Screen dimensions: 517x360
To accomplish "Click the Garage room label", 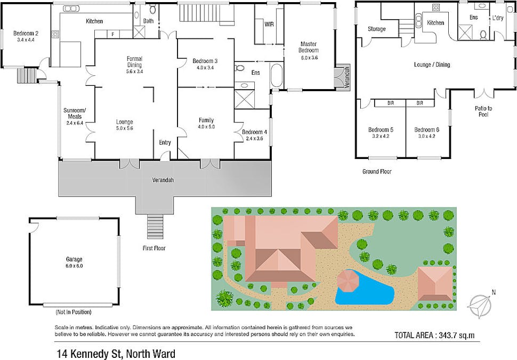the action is coord(74,259).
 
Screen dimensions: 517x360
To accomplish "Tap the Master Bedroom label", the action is coord(309,47).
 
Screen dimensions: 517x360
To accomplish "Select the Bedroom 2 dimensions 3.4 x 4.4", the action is coord(26,40).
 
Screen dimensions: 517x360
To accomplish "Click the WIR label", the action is coord(269,24).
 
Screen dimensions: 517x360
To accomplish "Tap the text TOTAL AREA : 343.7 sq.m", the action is coord(434,335).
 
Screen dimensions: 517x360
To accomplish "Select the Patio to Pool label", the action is coord(483,111).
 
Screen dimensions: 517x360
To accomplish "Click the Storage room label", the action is coord(376,29).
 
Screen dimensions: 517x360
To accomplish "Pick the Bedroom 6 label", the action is coord(426,130).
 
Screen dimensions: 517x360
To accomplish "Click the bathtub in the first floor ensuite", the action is coord(276,76).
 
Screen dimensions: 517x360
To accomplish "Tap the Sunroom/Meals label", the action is coord(75,113).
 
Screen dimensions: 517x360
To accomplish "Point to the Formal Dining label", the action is coord(134,62).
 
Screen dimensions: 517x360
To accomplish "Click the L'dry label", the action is coord(498,18).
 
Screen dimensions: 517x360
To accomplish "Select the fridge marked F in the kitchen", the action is coord(113,34).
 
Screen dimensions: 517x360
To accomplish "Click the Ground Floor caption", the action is coord(377,172).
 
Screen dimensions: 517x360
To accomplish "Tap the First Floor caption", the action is coord(154,248).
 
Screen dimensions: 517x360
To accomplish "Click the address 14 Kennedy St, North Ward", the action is coord(116,354).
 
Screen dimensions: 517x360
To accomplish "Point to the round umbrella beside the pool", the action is coord(348,281).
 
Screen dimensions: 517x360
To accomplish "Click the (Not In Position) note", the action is coord(74,312).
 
